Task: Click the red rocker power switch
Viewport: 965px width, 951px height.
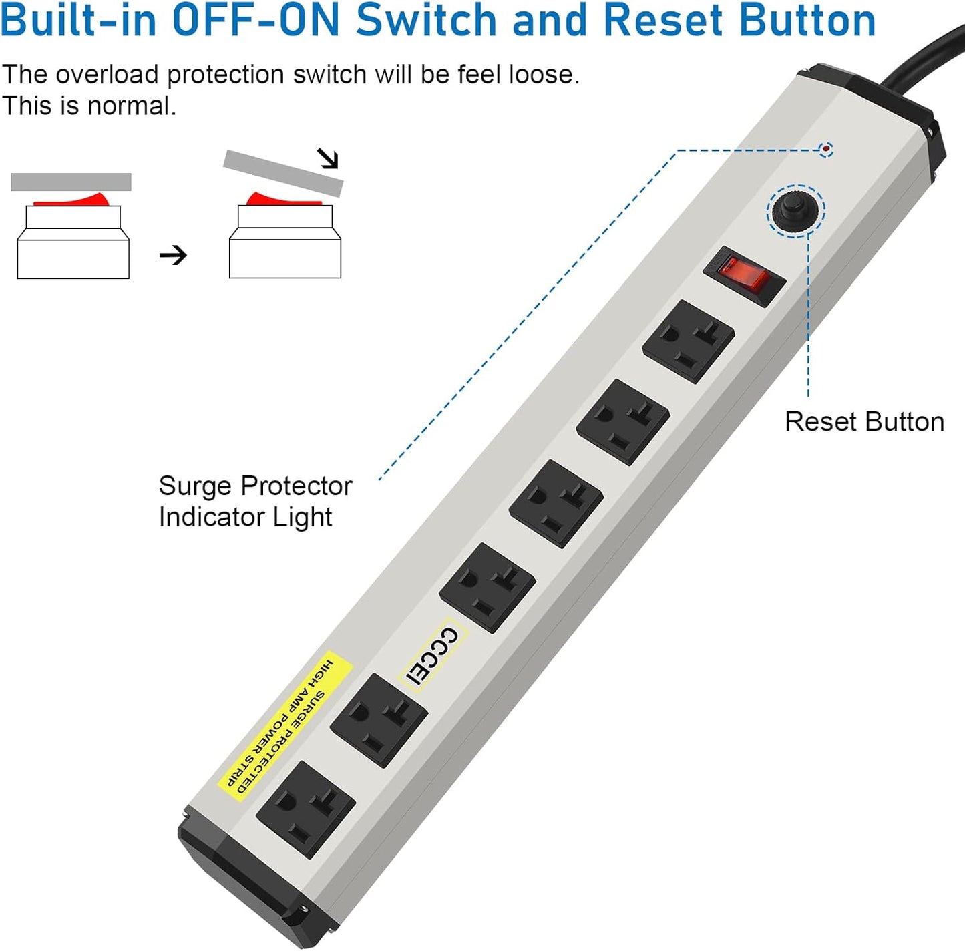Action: click(744, 276)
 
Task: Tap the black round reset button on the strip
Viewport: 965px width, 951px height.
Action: click(795, 210)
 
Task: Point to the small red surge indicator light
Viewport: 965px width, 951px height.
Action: click(826, 149)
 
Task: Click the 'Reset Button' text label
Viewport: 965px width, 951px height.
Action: click(864, 422)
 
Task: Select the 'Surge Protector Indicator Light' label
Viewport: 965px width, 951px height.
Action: click(254, 501)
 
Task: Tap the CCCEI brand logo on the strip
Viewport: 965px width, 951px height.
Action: click(433, 656)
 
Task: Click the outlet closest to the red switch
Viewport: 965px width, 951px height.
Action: click(689, 341)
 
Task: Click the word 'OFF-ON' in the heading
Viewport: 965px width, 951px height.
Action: click(257, 20)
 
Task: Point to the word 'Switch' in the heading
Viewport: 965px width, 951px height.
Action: click(427, 20)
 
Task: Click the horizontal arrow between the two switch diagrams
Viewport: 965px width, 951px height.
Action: click(173, 255)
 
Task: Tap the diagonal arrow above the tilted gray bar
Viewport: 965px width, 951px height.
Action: click(328, 158)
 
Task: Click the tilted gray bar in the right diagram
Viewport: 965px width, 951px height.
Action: click(283, 172)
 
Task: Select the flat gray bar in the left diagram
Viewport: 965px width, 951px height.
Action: click(71, 182)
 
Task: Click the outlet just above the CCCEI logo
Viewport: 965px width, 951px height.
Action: click(488, 587)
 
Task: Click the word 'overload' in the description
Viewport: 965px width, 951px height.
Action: click(107, 75)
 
